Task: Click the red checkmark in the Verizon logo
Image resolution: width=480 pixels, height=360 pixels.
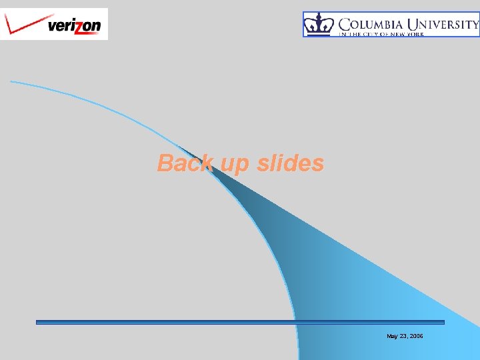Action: tap(23, 24)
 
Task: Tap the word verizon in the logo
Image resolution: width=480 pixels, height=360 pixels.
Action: tap(74, 26)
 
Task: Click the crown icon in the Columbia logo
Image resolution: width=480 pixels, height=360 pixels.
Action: tap(319, 25)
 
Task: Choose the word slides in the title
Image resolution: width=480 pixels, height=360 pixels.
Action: tap(291, 163)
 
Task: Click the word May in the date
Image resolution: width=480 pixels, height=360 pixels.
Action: tap(392, 336)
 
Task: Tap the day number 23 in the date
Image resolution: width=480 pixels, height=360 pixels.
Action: tap(403, 336)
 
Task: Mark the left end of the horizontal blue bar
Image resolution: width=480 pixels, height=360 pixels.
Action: tap(37, 322)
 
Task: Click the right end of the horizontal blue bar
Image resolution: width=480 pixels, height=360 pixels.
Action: tap(443, 322)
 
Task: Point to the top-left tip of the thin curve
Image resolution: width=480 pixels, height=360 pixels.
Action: tap(11, 81)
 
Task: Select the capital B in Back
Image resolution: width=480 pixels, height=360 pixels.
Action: tap(165, 163)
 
